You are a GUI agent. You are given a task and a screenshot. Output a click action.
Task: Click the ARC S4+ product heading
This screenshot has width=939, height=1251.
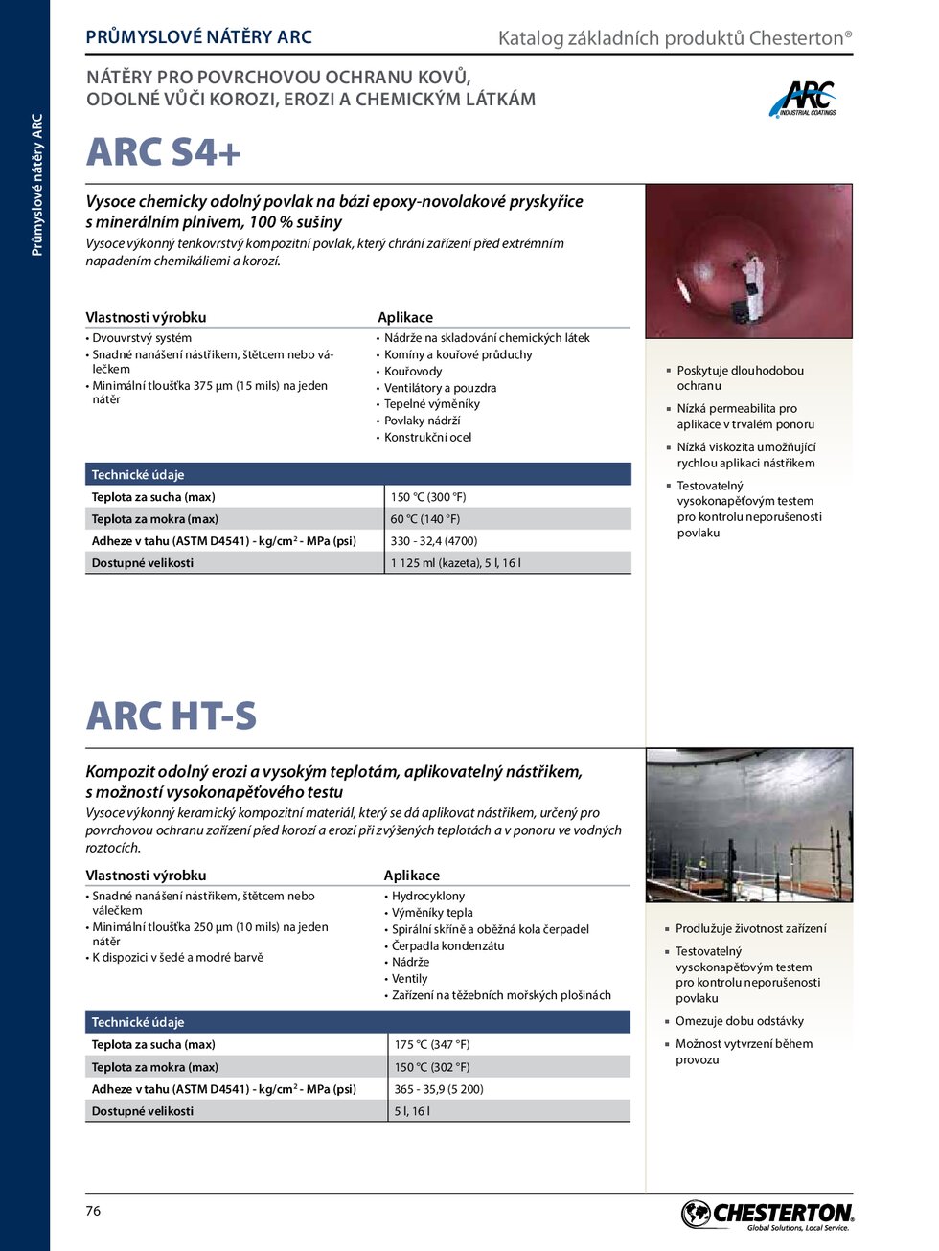[x=164, y=153]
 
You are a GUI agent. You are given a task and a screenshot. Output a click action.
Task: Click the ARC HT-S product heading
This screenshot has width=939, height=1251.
[x=172, y=716]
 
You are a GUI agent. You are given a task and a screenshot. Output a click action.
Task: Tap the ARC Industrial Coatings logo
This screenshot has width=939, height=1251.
[x=803, y=100]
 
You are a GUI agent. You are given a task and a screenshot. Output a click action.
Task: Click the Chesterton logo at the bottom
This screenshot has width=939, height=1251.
[x=767, y=1215]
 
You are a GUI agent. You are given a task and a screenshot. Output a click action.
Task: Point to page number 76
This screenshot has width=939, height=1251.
[x=93, y=1211]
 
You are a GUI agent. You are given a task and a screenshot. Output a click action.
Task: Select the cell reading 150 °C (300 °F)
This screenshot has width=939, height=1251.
[x=428, y=497]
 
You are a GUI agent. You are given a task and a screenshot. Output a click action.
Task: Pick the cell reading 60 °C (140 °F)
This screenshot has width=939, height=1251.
[x=425, y=519]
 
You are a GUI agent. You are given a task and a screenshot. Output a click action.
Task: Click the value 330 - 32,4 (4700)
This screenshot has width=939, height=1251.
[x=434, y=541]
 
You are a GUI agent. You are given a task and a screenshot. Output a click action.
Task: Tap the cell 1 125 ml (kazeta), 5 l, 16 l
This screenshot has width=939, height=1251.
[x=456, y=563]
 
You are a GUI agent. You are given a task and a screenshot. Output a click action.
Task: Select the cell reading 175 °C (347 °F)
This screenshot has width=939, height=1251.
[x=432, y=1045]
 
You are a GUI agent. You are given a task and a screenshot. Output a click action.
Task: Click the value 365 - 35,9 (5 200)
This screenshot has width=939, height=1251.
[x=439, y=1089]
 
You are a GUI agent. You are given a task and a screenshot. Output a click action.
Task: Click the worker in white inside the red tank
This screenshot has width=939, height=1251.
[x=753, y=277]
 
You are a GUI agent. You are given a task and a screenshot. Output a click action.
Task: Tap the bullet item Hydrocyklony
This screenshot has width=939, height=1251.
[x=428, y=897]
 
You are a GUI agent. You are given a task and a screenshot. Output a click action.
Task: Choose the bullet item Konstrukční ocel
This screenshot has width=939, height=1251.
[x=428, y=438]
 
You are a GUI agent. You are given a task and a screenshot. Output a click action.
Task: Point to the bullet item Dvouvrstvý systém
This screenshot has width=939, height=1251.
[x=142, y=338]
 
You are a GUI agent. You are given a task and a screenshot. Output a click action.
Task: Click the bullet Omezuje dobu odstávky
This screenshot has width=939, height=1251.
[x=740, y=1021]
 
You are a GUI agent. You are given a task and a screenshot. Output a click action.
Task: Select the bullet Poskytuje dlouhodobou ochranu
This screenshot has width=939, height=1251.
[x=740, y=378]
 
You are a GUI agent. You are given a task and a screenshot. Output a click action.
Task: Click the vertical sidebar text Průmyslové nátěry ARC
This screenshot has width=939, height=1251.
[x=37, y=185]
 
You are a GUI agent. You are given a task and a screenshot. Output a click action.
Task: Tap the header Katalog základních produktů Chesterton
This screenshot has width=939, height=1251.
[x=675, y=38]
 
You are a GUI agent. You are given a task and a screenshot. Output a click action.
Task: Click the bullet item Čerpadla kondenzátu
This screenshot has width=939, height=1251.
[x=448, y=946]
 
